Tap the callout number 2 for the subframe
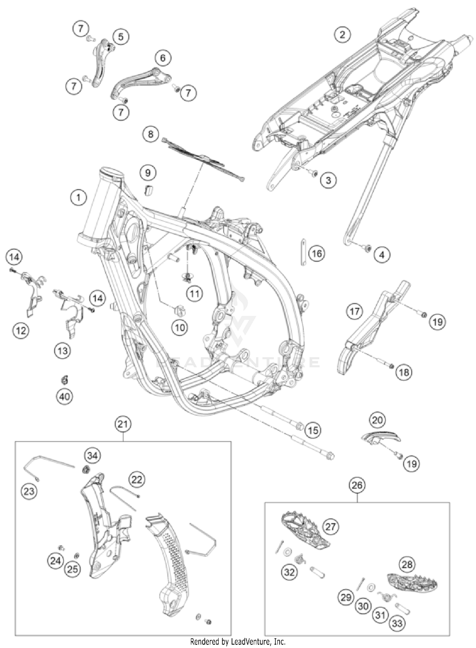(x=342, y=34)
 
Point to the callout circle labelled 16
(x=317, y=253)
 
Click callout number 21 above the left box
(x=123, y=424)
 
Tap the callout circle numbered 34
(x=92, y=456)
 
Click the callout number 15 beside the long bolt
(x=313, y=430)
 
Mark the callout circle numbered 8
(x=150, y=134)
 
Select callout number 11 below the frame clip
(x=194, y=294)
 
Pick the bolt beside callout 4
(x=368, y=248)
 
